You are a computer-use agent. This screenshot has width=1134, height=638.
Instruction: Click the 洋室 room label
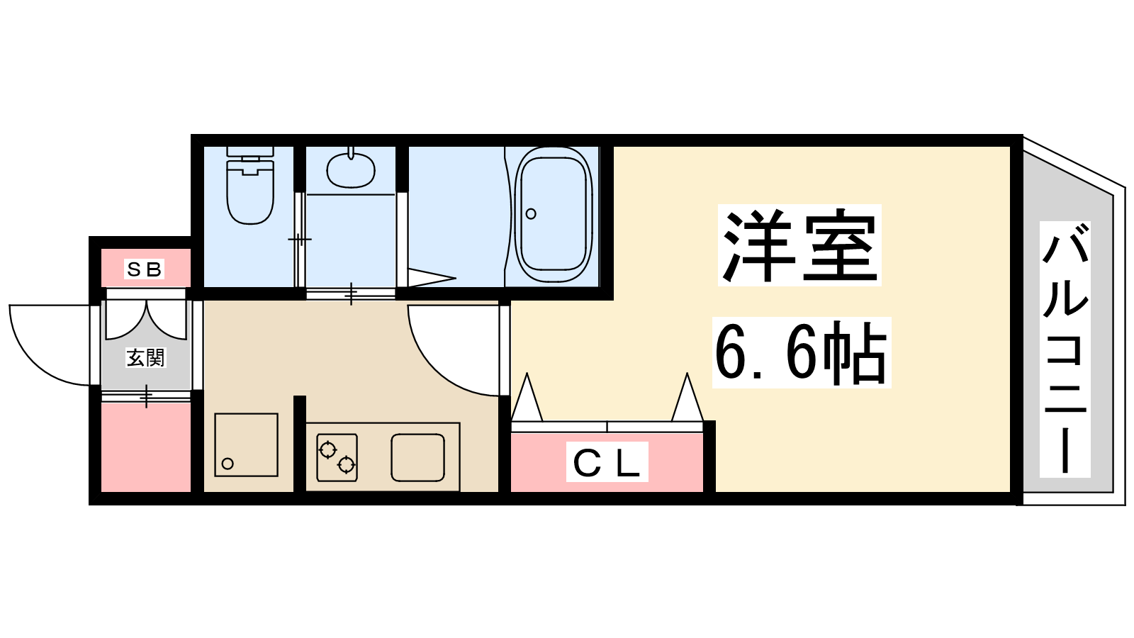800,245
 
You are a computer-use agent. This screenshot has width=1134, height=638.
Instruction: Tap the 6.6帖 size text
802,352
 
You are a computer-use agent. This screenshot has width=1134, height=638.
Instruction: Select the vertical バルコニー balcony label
1065,349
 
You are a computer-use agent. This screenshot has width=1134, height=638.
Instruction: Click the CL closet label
607,461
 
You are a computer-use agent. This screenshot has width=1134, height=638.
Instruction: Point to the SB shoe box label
145,269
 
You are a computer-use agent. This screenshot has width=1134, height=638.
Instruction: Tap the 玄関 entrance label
145,358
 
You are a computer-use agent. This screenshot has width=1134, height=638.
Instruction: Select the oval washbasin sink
351,169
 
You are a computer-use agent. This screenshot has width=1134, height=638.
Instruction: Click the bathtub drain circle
531,213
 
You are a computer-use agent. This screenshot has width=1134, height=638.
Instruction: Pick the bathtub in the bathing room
554,215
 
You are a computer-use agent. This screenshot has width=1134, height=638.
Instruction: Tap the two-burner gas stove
337,457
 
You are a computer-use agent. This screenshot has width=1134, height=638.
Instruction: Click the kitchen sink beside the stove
417,457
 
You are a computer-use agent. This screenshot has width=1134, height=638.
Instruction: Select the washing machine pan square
246,445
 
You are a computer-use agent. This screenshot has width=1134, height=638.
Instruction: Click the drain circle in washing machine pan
228,464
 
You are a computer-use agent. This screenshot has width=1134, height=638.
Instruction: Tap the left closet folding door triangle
527,397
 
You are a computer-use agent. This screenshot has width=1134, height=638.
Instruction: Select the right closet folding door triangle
687,397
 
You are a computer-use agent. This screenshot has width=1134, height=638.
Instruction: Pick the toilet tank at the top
250,152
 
